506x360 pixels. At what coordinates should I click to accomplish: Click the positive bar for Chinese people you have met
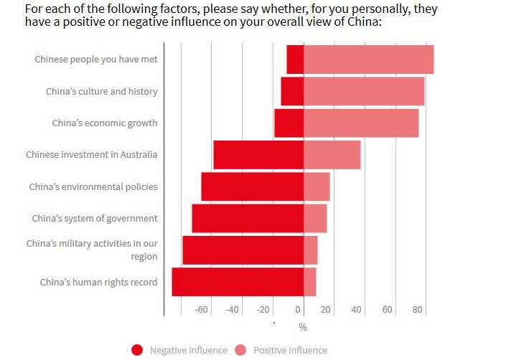point(368,59)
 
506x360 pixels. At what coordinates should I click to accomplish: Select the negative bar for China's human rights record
point(238,282)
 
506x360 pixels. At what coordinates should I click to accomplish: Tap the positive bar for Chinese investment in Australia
point(332,154)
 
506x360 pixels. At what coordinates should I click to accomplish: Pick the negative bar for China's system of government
point(248,218)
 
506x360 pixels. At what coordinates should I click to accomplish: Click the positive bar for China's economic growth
point(361,123)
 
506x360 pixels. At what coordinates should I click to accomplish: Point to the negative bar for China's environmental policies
point(252,186)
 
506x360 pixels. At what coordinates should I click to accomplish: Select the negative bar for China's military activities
point(243,250)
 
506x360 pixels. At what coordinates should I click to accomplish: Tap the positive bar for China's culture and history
point(364,91)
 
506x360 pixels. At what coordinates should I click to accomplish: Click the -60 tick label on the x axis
point(201,310)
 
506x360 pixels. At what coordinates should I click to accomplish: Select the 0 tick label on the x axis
point(299,310)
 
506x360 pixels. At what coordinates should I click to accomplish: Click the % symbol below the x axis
point(303,327)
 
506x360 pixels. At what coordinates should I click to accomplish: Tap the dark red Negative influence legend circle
point(137,350)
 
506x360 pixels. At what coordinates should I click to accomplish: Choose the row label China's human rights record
point(98,282)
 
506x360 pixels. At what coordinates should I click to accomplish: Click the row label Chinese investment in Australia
point(91,154)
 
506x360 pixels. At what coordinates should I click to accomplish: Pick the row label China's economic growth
point(104,123)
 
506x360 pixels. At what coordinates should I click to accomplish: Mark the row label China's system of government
point(94,218)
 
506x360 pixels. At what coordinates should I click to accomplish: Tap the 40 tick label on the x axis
point(357,310)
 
